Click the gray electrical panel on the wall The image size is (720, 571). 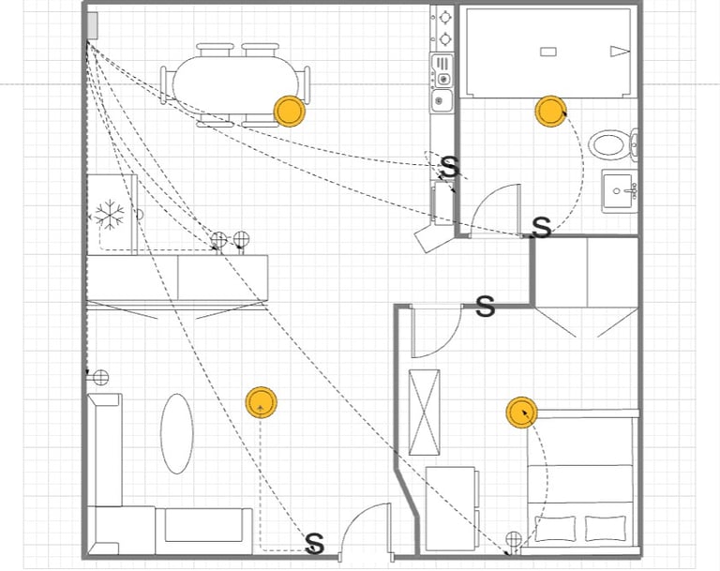coord(92,25)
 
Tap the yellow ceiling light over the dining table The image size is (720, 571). coord(290,112)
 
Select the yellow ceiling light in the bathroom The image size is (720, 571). coord(550,112)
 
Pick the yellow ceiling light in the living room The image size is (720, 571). coord(261,402)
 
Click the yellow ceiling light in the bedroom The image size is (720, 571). coord(521,413)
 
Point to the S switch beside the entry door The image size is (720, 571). coord(315,544)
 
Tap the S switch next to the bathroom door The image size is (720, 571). coord(542,228)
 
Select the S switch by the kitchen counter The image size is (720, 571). coord(450,167)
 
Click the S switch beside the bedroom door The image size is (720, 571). coord(486,307)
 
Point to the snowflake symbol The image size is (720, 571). coord(110,215)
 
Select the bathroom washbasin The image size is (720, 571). coord(620,191)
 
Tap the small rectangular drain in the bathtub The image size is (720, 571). coord(548,52)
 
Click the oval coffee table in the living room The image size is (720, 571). coord(177,434)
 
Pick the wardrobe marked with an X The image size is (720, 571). coord(425,412)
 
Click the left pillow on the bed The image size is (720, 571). coord(556,529)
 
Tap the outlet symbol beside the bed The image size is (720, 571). coord(514,539)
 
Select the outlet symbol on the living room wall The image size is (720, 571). coord(100,378)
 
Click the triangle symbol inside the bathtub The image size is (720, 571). coord(620,52)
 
